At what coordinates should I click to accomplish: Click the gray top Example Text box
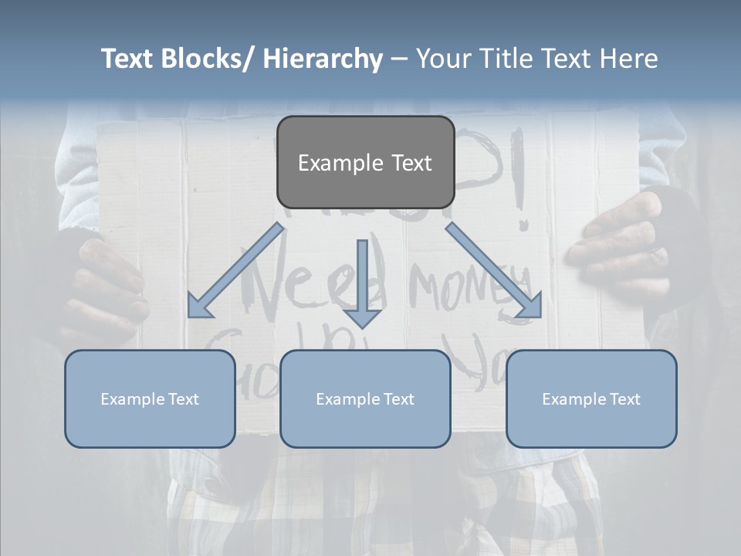pyautogui.click(x=365, y=162)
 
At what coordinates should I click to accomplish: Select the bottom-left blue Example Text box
pyautogui.click(x=150, y=398)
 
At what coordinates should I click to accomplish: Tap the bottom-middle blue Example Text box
pyautogui.click(x=365, y=398)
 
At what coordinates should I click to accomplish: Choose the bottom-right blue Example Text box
pyautogui.click(x=591, y=398)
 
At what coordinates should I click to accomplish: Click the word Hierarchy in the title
pyautogui.click(x=322, y=59)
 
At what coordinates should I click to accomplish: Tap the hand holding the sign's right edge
pyautogui.click(x=617, y=247)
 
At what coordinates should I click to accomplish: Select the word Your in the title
pyautogui.click(x=443, y=59)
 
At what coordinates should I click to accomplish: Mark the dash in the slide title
pyautogui.click(x=399, y=59)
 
